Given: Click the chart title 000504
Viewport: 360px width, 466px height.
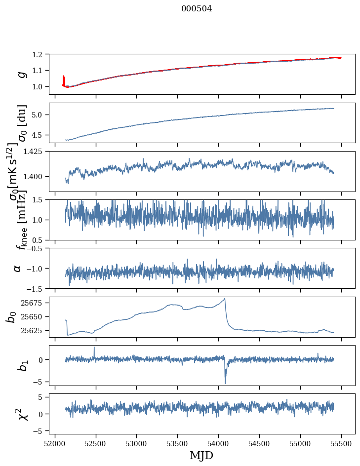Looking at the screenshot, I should [197, 9].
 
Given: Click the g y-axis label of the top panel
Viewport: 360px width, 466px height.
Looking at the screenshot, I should [21, 74].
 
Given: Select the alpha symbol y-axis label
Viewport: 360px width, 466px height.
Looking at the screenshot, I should [18, 268].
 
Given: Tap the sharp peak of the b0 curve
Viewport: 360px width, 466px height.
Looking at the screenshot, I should [225, 299].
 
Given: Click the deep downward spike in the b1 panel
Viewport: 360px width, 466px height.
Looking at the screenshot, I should [225, 383].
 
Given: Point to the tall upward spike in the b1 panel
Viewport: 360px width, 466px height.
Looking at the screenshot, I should [94, 348].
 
